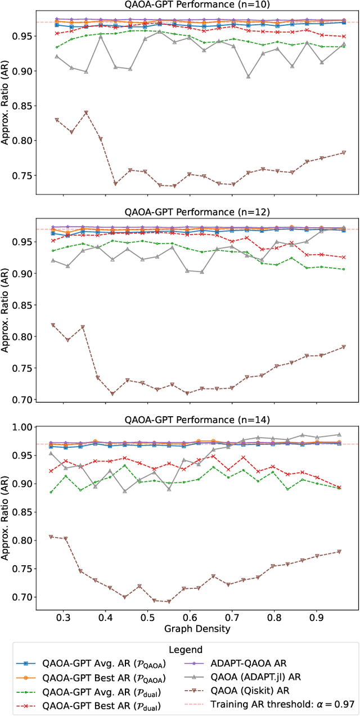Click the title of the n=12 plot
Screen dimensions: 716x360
[x=196, y=213]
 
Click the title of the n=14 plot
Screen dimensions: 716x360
[x=196, y=420]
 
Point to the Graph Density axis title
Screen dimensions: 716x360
[x=196, y=628]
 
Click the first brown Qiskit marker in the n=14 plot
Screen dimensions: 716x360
[x=51, y=537]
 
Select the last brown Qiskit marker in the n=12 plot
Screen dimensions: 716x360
[x=343, y=347]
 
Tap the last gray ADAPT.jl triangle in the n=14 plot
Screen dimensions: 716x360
[x=339, y=434]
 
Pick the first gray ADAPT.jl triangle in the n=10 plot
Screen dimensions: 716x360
[x=56, y=56]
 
